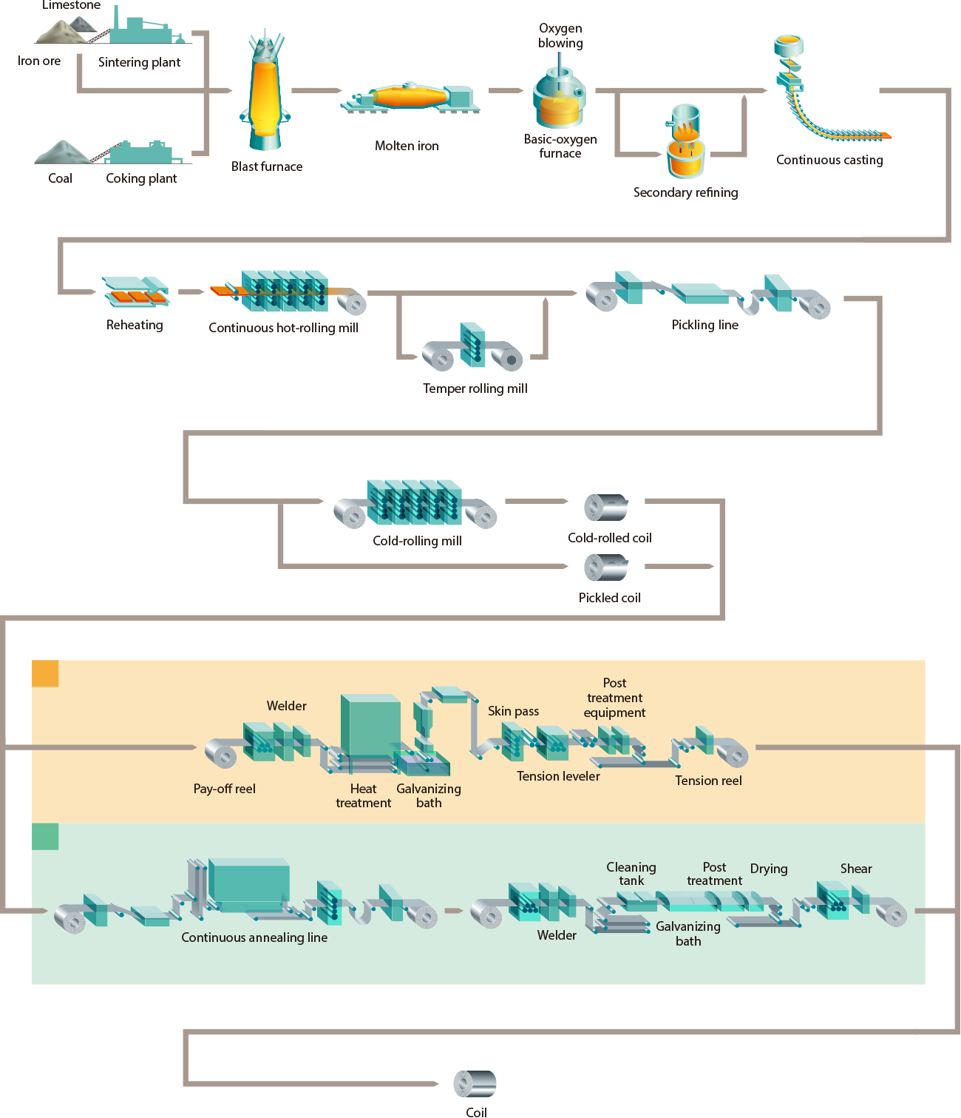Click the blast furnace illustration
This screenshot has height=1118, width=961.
(x=265, y=92)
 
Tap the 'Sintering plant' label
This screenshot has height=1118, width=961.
(x=139, y=62)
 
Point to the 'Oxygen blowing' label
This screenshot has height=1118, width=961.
(x=560, y=36)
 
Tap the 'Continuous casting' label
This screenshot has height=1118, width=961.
(x=829, y=160)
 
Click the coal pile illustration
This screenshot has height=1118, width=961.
(x=62, y=152)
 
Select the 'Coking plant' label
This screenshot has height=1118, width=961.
(x=141, y=178)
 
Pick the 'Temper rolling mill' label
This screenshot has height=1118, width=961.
(x=475, y=388)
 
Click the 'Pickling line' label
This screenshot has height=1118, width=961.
(x=704, y=325)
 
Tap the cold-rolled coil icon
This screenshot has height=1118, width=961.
(x=606, y=508)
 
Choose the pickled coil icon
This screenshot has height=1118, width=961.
(x=606, y=568)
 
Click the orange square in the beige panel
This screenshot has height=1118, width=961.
(x=45, y=673)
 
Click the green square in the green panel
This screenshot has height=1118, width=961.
(x=45, y=836)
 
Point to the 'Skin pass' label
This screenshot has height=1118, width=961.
(x=513, y=711)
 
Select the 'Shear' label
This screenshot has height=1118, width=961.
(x=856, y=869)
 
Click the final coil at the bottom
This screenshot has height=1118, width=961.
(x=475, y=1084)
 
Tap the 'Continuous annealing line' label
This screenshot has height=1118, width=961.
(x=254, y=937)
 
